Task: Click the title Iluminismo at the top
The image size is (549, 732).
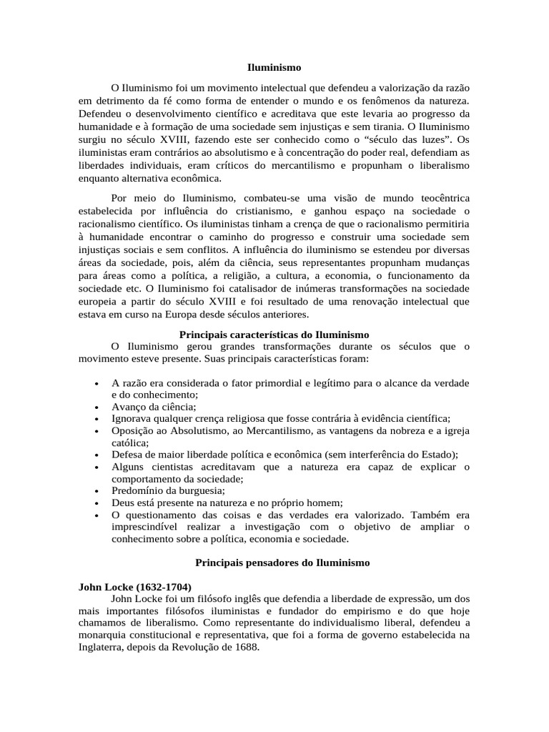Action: (274, 68)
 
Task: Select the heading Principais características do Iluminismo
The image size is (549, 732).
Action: (274, 335)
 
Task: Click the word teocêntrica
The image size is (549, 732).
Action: (437, 197)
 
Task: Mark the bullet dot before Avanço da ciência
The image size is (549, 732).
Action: (96, 407)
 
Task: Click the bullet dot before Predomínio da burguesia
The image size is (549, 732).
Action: (96, 491)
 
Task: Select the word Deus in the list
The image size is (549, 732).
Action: (123, 503)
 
